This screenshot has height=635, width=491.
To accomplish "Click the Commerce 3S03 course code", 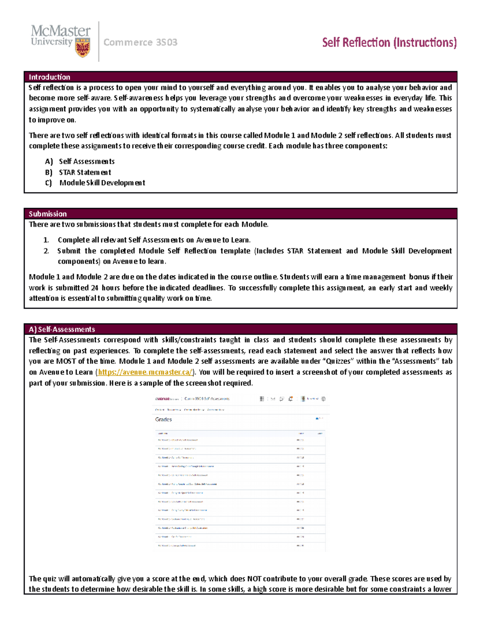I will pos(140,42).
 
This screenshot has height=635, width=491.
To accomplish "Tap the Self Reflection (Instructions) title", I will pos(389,43).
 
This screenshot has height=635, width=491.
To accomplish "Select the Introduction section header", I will pos(50,77).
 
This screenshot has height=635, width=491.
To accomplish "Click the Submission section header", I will pos(48,213).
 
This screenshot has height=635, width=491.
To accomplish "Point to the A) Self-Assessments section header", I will pos(62,329).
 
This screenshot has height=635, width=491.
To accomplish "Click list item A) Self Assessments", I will pos(80,162).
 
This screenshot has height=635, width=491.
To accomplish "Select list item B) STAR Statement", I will pos(78,172).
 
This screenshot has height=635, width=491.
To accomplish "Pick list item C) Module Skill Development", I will pos(95,183).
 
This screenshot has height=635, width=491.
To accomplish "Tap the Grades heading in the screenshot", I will pos(163,420).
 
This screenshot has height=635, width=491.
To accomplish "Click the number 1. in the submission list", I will pos(46,240).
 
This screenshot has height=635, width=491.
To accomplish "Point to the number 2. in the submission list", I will pos(46,251).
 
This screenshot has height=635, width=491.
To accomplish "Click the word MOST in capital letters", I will pos(66,361).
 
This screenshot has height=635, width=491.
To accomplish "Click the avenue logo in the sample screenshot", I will pos(162,399).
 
